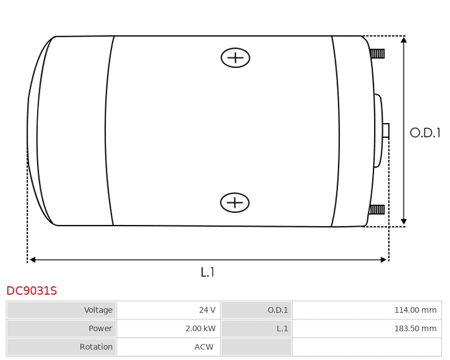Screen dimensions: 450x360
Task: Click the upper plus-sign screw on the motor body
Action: coord(235,58)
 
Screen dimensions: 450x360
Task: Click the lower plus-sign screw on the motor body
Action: coord(235,202)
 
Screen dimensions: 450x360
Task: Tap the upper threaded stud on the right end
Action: coord(377,53)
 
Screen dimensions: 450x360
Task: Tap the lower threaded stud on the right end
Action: coord(376,210)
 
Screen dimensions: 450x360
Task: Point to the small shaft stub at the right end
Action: coord(386,130)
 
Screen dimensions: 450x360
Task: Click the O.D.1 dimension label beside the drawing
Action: coord(425,133)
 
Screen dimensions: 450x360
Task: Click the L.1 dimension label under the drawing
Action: coord(207,272)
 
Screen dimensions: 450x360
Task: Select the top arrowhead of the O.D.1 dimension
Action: coord(404,39)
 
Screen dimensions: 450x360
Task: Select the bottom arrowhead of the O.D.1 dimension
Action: coord(404,222)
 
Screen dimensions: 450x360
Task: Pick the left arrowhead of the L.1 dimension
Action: coord(33,260)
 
